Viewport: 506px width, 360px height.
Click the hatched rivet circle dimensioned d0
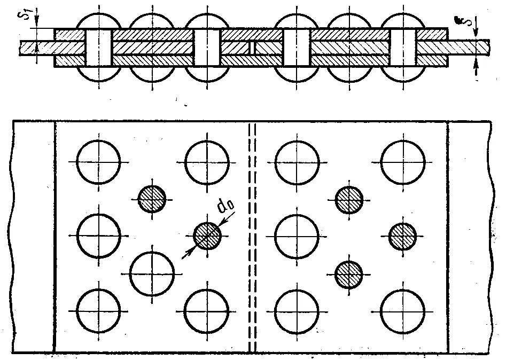pos(207,236)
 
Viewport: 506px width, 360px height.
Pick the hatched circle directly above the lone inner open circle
pos(152,199)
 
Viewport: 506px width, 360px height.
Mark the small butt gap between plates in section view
pos(252,48)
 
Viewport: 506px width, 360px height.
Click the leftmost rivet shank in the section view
pos(99,48)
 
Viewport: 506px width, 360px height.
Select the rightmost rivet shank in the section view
pos(403,48)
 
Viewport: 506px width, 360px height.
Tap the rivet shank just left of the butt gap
pos(207,48)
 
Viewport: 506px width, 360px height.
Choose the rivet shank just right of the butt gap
pos(297,48)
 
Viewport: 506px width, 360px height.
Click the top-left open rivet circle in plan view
pos(99,162)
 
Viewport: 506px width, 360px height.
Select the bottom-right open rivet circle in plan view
pos(403,311)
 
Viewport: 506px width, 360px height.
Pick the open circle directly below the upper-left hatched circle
pos(152,274)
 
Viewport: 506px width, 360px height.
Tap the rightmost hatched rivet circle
pos(402,236)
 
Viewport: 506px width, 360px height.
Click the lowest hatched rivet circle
pos(349,275)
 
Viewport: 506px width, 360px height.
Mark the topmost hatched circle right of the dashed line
pos(349,200)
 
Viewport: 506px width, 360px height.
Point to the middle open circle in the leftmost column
pos(99,236)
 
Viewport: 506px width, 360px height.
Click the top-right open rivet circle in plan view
pos(403,162)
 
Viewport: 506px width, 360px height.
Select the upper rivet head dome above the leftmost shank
pos(99,21)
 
